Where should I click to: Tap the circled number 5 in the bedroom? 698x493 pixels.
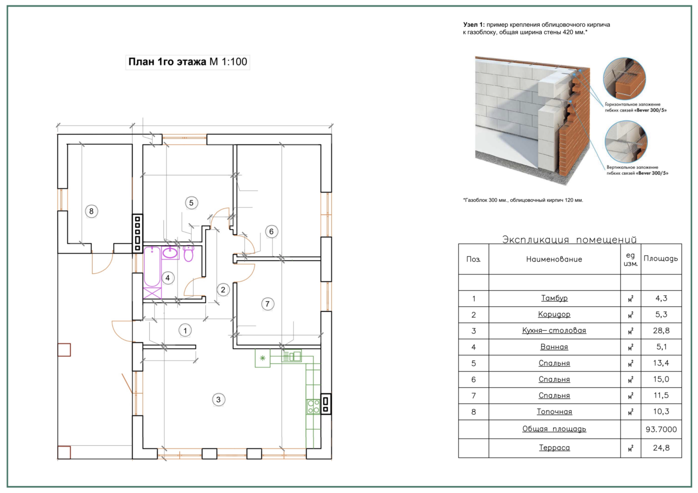click(191, 203)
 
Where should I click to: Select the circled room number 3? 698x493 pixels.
click(218, 400)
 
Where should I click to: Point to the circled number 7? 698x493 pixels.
click(267, 304)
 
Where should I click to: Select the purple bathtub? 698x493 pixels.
click(152, 267)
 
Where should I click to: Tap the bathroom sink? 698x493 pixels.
click(170, 253)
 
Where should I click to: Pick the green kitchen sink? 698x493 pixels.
click(292, 356)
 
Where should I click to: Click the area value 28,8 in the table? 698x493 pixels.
click(661, 330)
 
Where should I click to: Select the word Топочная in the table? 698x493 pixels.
click(554, 412)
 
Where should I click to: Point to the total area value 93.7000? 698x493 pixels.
click(661, 429)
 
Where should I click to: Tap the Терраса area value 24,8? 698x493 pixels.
click(661, 448)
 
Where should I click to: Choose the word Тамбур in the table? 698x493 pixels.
click(554, 298)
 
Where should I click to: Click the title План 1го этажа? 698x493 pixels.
click(167, 62)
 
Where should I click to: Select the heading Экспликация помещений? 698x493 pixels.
click(569, 239)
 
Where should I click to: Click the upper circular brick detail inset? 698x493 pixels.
click(624, 79)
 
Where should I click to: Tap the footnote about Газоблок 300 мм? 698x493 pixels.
click(523, 200)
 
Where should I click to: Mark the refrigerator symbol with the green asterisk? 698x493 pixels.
click(262, 358)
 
